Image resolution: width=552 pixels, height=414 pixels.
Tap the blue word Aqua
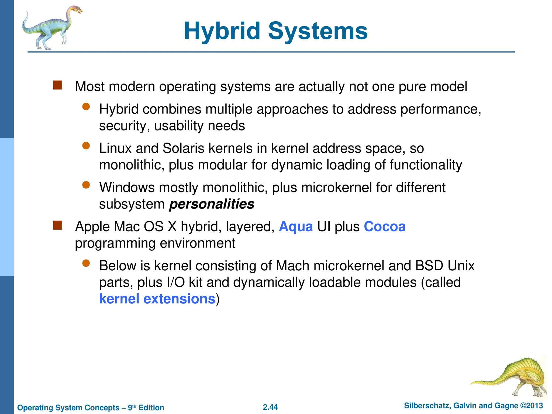coord(296,226)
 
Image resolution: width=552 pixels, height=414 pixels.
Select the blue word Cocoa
coord(385,226)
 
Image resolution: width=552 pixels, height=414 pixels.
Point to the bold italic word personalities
coord(212,204)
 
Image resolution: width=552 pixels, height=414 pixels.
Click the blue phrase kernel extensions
coord(157,299)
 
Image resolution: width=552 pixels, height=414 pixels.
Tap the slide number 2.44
coord(270,407)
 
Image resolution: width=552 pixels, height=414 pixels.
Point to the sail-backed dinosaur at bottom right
coord(515,377)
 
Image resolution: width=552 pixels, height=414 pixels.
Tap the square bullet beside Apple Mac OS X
coord(58,225)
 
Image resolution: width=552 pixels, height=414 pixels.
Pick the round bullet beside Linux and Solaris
coord(86,146)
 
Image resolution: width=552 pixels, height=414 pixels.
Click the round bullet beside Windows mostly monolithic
coord(86,185)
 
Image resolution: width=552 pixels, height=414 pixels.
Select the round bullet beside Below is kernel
coord(86,263)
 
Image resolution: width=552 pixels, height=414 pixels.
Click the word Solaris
coord(183,148)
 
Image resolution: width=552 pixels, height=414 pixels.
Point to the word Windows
coord(127,187)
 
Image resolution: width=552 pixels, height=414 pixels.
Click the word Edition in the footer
coord(151,408)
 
